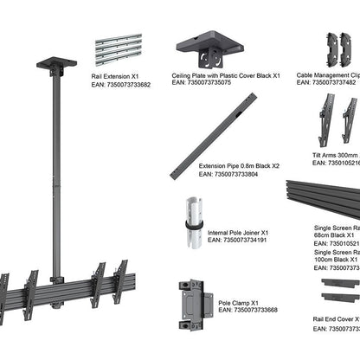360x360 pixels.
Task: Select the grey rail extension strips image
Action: [117, 50]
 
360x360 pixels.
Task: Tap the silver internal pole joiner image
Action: [195, 222]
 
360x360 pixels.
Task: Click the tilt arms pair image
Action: [337, 119]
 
